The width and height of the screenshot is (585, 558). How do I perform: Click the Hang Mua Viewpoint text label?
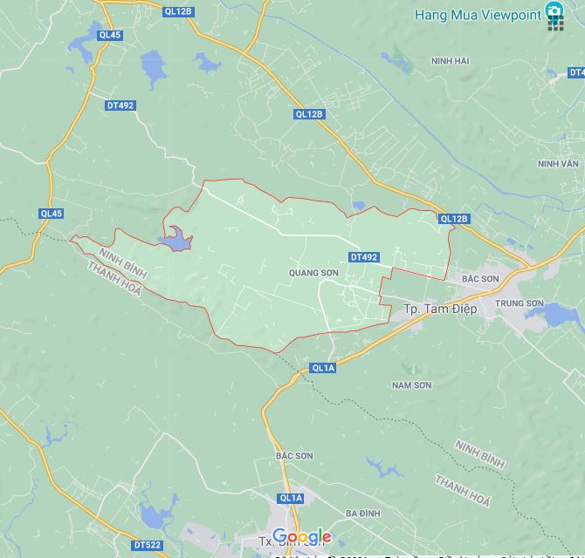(x=478, y=14)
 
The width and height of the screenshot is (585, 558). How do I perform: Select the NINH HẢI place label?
(x=451, y=61)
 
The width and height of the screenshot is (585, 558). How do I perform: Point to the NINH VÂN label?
(x=558, y=163)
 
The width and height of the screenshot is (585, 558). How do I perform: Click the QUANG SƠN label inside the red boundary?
(x=313, y=273)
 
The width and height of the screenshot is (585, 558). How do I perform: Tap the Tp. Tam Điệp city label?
(x=440, y=309)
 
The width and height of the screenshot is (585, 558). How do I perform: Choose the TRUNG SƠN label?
(x=520, y=303)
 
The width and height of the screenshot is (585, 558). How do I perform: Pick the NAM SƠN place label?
(x=411, y=384)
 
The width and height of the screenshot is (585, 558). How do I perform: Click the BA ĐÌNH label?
(x=362, y=514)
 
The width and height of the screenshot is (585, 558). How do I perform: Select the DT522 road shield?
(x=148, y=546)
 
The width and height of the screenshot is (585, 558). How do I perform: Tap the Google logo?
(x=301, y=537)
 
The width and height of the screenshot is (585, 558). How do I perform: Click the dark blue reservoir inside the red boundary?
(x=176, y=240)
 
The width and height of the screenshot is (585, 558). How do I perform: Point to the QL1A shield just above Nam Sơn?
(x=323, y=368)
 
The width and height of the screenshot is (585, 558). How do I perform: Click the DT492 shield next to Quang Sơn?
(x=363, y=257)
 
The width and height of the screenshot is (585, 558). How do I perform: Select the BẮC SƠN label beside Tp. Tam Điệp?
(x=480, y=279)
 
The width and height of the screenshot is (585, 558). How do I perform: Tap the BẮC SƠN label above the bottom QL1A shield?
(x=293, y=456)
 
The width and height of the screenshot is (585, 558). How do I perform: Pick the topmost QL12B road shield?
(x=177, y=11)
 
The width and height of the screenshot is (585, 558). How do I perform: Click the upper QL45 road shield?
(x=111, y=36)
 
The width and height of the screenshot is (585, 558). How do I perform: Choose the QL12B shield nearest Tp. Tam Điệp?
(x=454, y=219)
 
